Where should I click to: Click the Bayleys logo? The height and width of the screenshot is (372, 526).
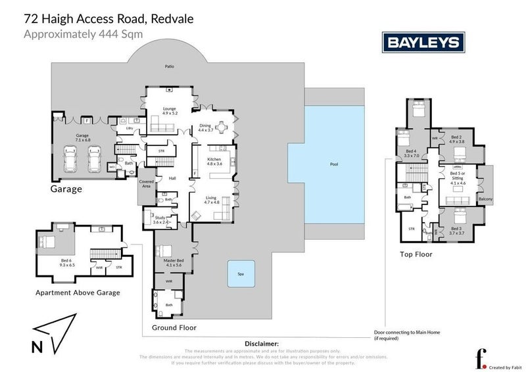tap(424, 43)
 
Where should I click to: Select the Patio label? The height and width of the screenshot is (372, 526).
tap(169, 66)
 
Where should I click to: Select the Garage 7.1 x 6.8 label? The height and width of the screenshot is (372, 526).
tap(82, 139)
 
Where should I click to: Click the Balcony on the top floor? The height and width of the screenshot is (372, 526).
tap(485, 199)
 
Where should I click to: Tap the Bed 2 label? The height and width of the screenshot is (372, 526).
tap(456, 139)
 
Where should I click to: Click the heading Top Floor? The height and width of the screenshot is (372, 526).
tap(416, 253)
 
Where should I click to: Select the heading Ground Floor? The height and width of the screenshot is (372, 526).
tap(174, 327)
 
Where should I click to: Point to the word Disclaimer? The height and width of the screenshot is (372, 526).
tap(262, 344)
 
